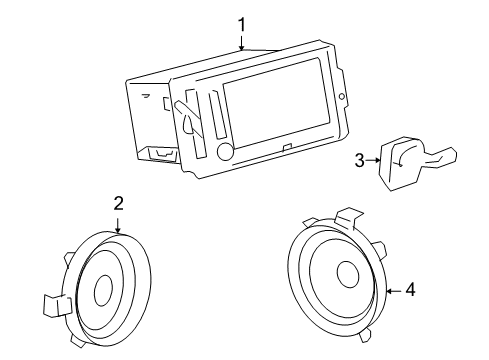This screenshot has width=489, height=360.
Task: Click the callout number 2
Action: pyautogui.click(x=118, y=202)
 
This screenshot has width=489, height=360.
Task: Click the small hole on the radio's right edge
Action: pyautogui.click(x=343, y=98)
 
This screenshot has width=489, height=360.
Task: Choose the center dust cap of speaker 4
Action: pyautogui.click(x=347, y=274)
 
